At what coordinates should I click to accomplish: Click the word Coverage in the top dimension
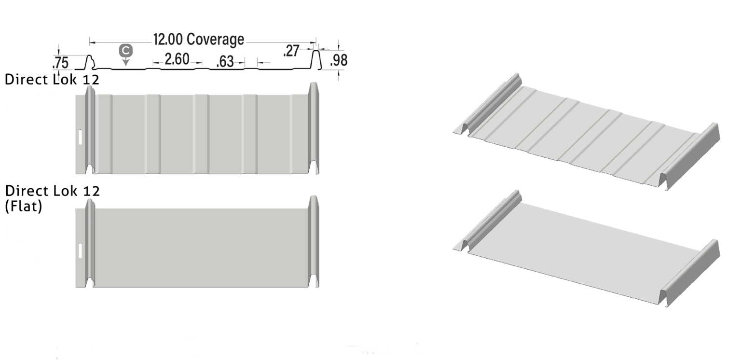[215, 40]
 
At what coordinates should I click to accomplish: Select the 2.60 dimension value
[177, 60]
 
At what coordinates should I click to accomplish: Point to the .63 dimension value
[226, 62]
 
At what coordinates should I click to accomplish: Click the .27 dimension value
[292, 51]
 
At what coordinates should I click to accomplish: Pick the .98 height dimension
[339, 60]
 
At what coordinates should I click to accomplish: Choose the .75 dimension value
[60, 63]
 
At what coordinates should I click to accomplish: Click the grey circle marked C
[125, 50]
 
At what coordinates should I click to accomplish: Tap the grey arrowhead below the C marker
[125, 61]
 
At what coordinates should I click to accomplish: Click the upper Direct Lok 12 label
[52, 80]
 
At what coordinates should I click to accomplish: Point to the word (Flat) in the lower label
[23, 208]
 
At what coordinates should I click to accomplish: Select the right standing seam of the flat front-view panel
[314, 241]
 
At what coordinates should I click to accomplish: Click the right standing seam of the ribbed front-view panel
[314, 128]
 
